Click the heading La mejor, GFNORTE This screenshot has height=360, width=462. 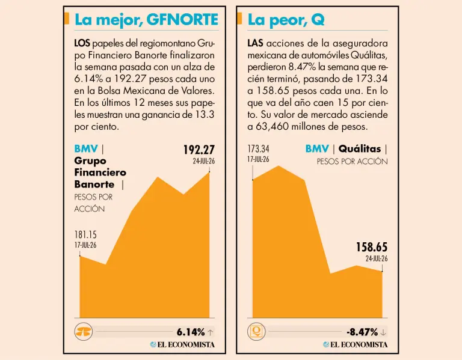(x=146, y=20)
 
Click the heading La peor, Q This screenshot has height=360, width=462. (x=286, y=20)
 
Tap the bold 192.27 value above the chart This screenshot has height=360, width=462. (x=199, y=150)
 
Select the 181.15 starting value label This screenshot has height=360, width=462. (x=85, y=234)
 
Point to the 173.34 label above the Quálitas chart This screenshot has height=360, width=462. (x=258, y=148)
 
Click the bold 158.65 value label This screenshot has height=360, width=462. (x=372, y=247)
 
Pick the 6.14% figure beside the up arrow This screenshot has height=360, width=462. (x=191, y=332)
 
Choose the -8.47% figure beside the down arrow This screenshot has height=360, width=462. (x=362, y=332)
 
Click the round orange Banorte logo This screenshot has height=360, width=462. (x=84, y=332)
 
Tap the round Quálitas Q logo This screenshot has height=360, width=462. (x=256, y=332)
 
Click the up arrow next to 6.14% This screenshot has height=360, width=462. (x=210, y=332)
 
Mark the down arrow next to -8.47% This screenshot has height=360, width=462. (x=383, y=332)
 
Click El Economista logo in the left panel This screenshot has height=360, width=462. (x=182, y=344)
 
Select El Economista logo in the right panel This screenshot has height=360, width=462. (x=356, y=344)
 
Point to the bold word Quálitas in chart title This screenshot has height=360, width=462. (x=360, y=149)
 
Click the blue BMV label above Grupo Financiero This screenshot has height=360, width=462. (x=86, y=149)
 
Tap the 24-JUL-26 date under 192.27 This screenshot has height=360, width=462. (x=204, y=161)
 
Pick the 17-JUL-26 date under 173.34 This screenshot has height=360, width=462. (x=258, y=159)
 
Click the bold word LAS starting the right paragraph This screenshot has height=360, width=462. (x=255, y=43)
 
